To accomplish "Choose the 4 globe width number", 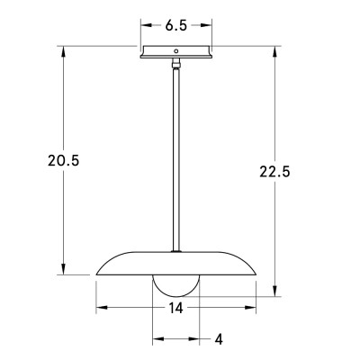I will (219, 339).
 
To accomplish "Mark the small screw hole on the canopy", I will (177, 50).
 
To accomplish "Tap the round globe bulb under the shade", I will (177, 286).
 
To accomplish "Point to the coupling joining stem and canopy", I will (177, 65).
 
